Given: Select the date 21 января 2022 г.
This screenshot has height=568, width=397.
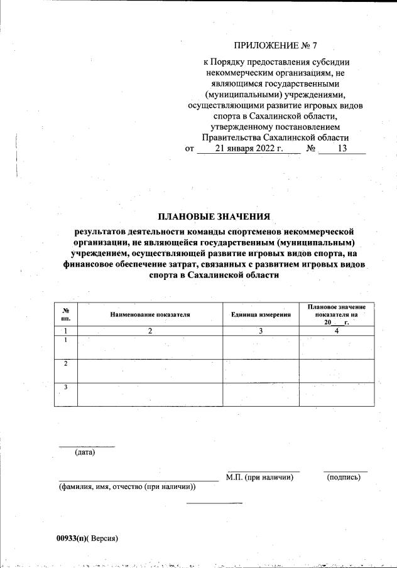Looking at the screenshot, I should [249, 149].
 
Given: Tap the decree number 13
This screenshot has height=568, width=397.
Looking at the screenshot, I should [342, 149].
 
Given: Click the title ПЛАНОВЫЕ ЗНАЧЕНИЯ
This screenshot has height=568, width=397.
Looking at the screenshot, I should [214, 217].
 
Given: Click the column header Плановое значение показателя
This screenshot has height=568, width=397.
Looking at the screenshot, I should [336, 310].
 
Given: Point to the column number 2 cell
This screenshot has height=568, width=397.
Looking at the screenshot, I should [150, 331].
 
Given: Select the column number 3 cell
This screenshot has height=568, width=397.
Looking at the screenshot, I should [261, 331].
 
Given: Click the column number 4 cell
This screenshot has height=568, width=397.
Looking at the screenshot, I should [336, 331].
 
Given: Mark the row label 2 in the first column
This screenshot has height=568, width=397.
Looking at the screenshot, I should [65, 364].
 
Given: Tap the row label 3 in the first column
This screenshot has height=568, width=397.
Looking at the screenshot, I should [65, 387].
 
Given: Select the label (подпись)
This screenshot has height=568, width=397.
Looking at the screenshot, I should [344, 478].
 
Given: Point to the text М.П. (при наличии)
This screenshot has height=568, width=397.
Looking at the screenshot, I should [260, 478].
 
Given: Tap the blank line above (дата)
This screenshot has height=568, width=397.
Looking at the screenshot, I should [87, 446].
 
